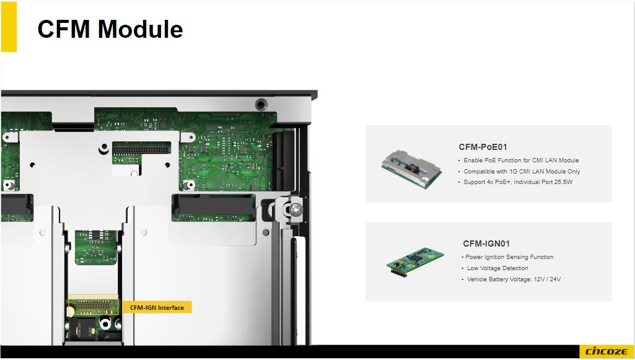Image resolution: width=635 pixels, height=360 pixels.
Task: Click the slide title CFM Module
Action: (110, 29)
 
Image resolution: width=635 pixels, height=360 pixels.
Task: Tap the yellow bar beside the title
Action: (9, 27)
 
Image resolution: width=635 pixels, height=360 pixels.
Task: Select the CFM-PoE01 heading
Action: (483, 147)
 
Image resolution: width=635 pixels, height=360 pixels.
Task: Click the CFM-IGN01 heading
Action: (486, 244)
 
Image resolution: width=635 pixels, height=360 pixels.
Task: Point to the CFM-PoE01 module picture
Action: (411, 169)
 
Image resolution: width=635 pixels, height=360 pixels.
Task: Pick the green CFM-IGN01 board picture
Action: (415, 262)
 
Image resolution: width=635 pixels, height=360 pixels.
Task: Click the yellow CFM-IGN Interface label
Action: (157, 307)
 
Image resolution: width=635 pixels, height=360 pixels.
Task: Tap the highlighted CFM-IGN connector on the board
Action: (93, 305)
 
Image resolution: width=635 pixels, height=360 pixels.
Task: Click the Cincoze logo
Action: (607, 351)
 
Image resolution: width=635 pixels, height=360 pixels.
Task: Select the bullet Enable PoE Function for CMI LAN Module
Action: (521, 160)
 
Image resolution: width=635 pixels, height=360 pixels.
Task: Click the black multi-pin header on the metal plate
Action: (142, 148)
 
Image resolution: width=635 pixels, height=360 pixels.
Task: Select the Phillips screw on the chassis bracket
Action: (296, 210)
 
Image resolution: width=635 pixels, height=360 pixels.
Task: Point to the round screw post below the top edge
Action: (261, 105)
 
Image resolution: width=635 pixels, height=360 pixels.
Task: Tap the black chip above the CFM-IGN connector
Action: (96, 235)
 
